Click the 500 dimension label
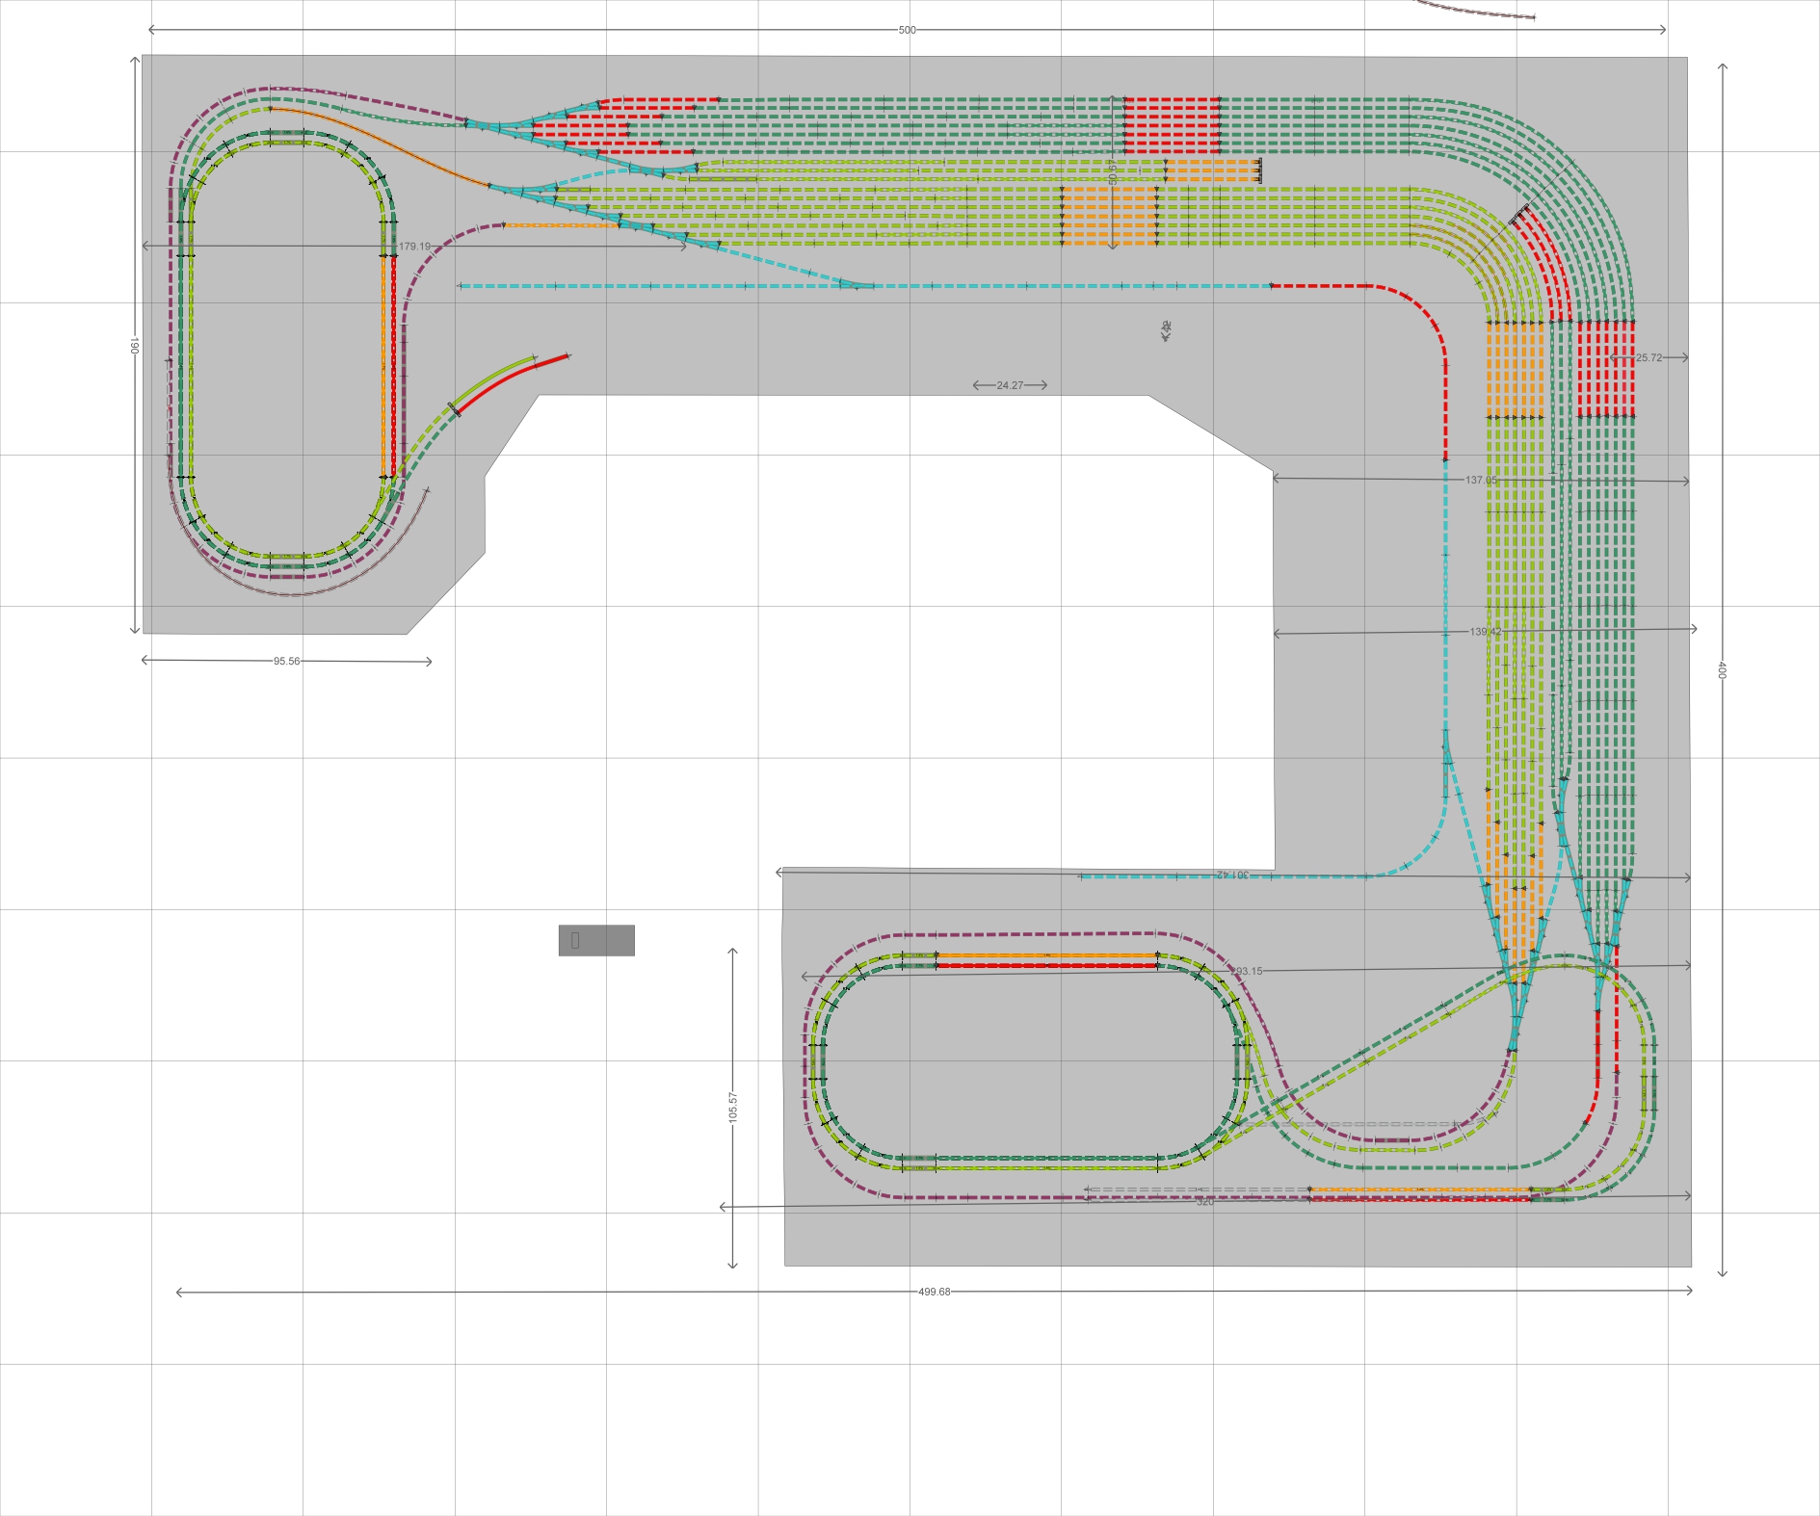(907, 30)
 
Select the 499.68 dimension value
(934, 1292)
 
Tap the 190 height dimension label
(135, 345)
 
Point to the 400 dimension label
(1721, 669)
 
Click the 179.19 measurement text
(414, 247)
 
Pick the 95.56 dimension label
(286, 662)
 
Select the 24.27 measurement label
(1010, 385)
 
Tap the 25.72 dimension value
(1649, 357)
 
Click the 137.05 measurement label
(1481, 480)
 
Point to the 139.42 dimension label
(1485, 632)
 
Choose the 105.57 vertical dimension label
(733, 1107)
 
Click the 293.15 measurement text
(1247, 971)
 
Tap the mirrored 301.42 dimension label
(1232, 875)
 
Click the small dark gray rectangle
(596, 940)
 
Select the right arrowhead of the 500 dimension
(1663, 30)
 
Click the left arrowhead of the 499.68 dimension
(179, 1293)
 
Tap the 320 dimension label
(1204, 1202)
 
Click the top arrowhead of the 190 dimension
(135, 60)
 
